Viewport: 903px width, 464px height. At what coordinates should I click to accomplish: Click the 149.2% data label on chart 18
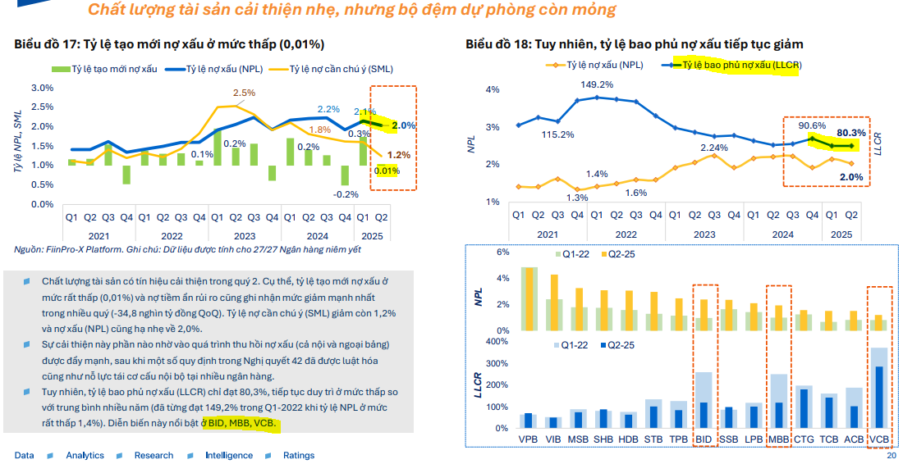[x=597, y=84]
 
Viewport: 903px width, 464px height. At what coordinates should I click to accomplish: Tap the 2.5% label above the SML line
[x=244, y=93]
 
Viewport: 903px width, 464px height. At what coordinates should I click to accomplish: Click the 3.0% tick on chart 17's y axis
[x=42, y=88]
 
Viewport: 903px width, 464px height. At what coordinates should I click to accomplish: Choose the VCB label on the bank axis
[x=878, y=439]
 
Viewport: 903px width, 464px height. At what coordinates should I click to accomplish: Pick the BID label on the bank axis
[x=704, y=439]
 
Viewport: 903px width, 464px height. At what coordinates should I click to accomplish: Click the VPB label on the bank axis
[x=529, y=439]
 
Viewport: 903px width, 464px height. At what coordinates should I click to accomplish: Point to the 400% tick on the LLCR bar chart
[x=499, y=342]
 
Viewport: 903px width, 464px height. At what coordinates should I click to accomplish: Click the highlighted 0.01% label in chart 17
[x=387, y=171]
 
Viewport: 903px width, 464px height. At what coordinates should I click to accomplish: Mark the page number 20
[x=891, y=456]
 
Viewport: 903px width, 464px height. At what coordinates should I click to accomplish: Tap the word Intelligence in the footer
[x=229, y=456]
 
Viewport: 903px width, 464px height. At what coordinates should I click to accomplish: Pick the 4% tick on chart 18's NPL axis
[x=493, y=89]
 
